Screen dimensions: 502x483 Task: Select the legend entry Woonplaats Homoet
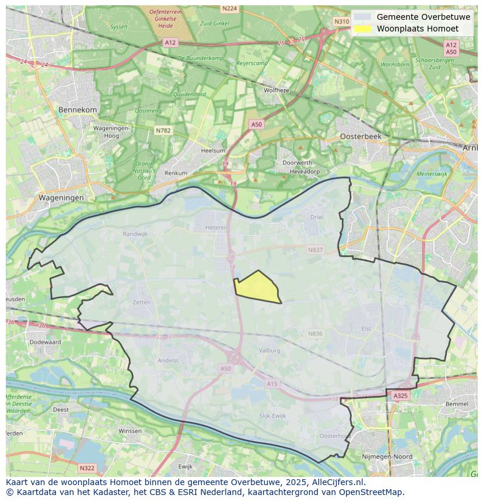click(x=417, y=29)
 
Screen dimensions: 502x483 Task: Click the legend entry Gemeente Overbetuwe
click(x=423, y=17)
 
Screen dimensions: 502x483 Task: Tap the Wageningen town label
click(x=61, y=198)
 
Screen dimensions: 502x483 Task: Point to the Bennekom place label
click(x=78, y=110)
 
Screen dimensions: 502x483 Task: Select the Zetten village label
click(x=142, y=303)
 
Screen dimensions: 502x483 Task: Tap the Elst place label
click(x=366, y=329)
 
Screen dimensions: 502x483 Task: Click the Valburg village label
click(x=269, y=350)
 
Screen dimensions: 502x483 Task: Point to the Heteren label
click(x=216, y=228)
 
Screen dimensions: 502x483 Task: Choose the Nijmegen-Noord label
click(x=387, y=457)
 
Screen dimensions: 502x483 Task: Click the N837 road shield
click(x=315, y=250)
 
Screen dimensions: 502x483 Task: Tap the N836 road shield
click(x=315, y=334)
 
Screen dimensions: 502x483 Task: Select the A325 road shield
click(x=400, y=395)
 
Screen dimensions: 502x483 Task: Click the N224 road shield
click(x=230, y=8)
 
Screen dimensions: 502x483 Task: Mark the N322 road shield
click(x=86, y=468)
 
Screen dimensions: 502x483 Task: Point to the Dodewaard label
click(x=45, y=342)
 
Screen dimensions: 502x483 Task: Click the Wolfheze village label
click(x=276, y=90)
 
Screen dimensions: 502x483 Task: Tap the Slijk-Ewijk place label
click(x=272, y=415)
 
